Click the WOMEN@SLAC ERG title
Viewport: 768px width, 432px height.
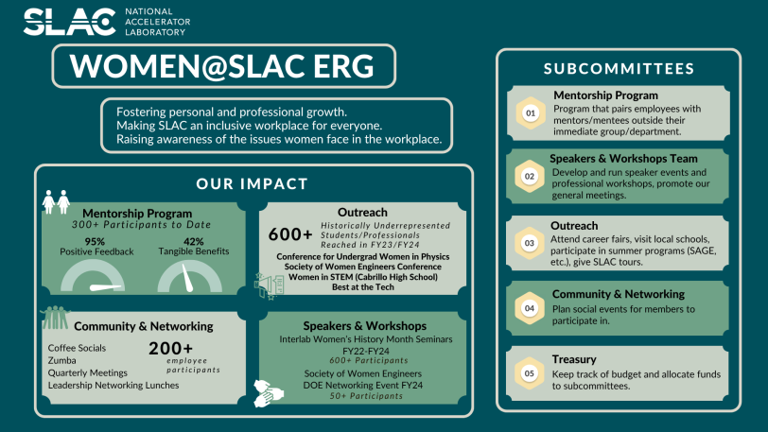(x=222, y=66)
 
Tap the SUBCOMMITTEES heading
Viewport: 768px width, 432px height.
(x=619, y=69)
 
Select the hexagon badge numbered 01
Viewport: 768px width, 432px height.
(x=531, y=113)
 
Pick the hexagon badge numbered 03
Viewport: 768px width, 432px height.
(x=530, y=243)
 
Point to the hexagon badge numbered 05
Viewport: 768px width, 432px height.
(x=530, y=373)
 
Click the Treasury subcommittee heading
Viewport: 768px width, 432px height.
(x=574, y=359)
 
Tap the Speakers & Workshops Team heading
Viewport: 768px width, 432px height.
(x=623, y=159)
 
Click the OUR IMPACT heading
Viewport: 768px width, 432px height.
(x=253, y=183)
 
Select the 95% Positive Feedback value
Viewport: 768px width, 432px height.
(x=95, y=241)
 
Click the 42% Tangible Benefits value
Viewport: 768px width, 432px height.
(x=194, y=241)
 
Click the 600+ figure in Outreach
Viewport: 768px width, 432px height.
(x=290, y=234)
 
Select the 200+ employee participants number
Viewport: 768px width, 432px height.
(x=171, y=348)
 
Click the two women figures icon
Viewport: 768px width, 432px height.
(x=56, y=201)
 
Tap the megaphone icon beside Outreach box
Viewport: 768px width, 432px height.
(x=269, y=285)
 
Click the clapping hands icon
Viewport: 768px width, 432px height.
(x=269, y=393)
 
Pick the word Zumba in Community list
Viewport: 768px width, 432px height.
(x=62, y=360)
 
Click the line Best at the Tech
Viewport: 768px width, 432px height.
(x=363, y=287)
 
